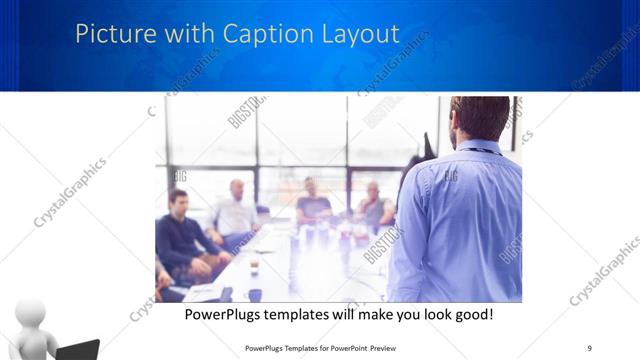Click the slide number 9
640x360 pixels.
[x=589, y=347]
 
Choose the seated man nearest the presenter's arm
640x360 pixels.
[x=375, y=205]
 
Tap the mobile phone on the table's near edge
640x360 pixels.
[x=226, y=293]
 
